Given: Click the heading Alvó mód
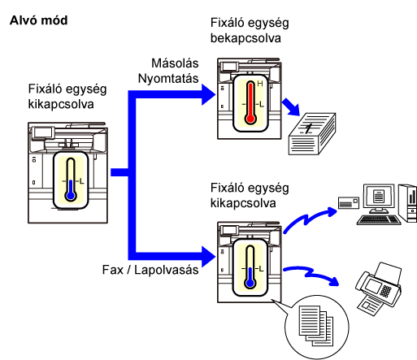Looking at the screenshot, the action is click(38, 20).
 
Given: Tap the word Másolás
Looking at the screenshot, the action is click(175, 63).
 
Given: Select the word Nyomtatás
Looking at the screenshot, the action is click(168, 79).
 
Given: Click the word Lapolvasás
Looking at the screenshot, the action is click(166, 270).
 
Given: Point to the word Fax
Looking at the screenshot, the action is click(112, 270).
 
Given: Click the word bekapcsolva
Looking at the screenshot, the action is click(245, 38).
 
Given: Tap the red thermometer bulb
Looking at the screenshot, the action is click(250, 119).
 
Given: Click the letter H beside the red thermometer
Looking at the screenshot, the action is click(260, 84).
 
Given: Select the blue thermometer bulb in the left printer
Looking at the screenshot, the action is click(71, 195).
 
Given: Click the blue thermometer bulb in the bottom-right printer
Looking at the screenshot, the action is click(250, 283).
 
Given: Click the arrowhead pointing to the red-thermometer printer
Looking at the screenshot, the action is click(209, 94).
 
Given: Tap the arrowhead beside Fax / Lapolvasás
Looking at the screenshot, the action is click(209, 257).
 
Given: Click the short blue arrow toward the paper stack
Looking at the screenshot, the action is click(291, 107).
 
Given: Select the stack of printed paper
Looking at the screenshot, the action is click(312, 134).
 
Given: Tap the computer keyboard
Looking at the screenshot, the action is click(379, 219).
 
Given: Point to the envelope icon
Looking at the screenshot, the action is click(349, 203).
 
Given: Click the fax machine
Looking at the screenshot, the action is click(379, 288).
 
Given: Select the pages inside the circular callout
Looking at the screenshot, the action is click(316, 326).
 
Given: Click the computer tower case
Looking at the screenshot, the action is click(408, 202).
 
